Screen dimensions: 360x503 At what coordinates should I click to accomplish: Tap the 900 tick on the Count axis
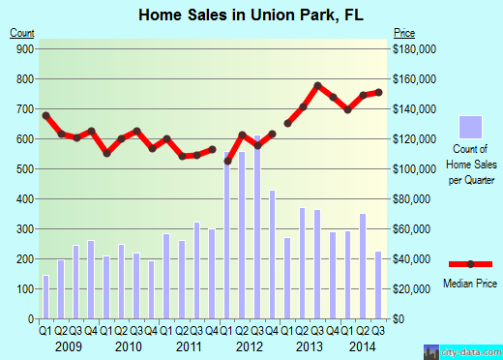[22, 48]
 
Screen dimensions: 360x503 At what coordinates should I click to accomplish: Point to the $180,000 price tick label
[413, 48]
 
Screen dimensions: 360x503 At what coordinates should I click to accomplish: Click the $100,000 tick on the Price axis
[413, 168]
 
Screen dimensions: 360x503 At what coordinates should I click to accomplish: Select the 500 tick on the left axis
[22, 168]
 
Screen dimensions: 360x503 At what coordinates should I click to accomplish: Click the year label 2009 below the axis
[68, 345]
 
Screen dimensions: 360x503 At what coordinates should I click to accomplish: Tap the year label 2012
[250, 345]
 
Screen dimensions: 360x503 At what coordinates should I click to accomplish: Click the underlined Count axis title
[22, 33]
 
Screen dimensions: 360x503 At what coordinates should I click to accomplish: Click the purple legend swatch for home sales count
[470, 128]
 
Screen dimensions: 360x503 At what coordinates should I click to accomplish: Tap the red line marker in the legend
[470, 264]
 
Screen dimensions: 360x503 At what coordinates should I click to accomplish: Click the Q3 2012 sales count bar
[257, 232]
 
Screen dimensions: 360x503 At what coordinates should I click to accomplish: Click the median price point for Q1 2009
[45, 116]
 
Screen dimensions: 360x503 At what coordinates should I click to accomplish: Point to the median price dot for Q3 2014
[378, 93]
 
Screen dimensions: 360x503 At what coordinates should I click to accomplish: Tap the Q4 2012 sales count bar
[272, 255]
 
